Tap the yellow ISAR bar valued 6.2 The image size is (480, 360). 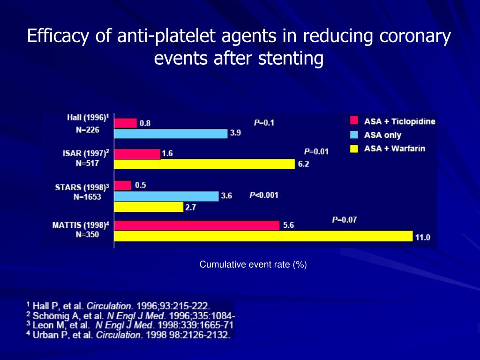click(x=204, y=164)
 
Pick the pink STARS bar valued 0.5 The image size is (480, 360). click(x=123, y=186)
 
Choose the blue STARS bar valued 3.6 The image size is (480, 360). click(x=166, y=196)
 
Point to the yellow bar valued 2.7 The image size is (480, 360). click(x=149, y=207)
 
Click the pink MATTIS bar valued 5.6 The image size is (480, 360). click(x=197, y=225)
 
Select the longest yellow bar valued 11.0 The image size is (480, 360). click(x=263, y=236)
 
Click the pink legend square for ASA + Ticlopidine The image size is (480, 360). click(x=354, y=121)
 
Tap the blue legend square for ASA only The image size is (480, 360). click(x=354, y=135)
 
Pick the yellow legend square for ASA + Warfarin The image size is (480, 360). click(x=354, y=149)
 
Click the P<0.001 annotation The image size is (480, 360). click(x=263, y=195)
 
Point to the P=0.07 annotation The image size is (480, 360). click(x=345, y=219)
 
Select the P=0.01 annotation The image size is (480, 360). click(x=316, y=151)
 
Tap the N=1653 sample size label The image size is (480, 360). click(x=87, y=197)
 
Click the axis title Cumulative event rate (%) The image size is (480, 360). click(x=253, y=265)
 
